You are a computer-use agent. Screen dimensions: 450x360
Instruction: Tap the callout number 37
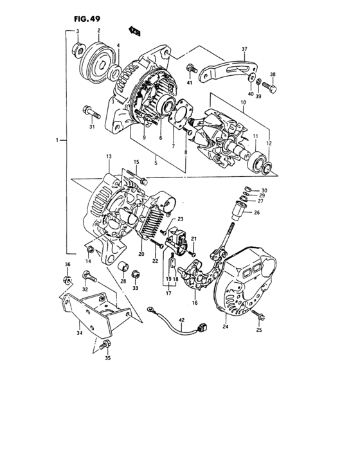[x=244, y=49]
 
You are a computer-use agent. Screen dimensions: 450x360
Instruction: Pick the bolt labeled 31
[x=91, y=114]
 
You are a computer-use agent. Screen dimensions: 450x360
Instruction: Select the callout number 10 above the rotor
[x=243, y=102]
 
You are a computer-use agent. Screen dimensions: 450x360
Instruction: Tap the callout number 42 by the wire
[x=181, y=319]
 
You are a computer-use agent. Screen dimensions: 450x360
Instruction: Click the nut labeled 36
[x=67, y=279]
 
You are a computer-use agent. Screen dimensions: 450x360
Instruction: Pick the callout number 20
[x=141, y=255]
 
